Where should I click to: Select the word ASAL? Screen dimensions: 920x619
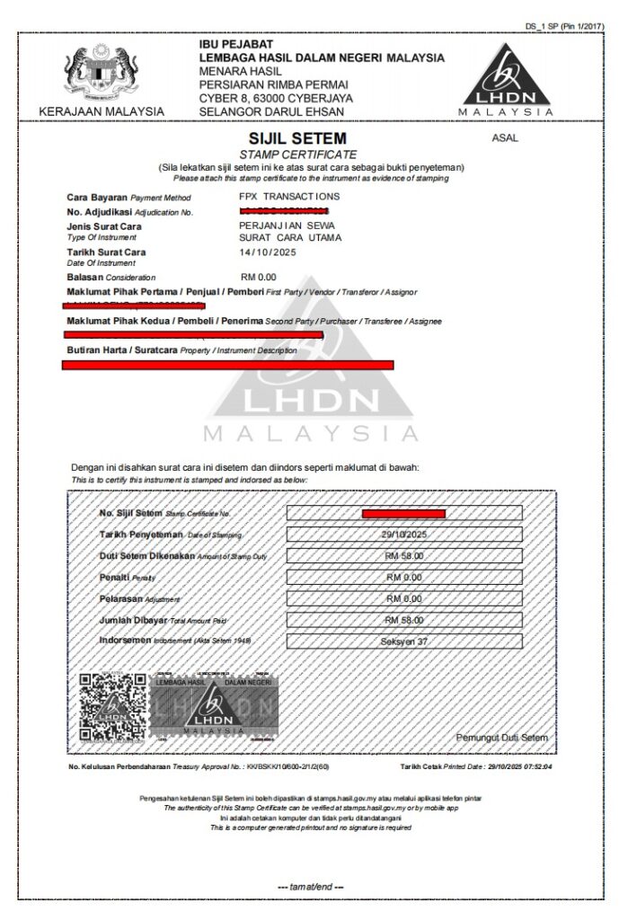(x=505, y=138)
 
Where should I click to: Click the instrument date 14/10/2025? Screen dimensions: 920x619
(x=269, y=252)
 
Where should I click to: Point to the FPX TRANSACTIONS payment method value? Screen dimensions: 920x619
(x=289, y=196)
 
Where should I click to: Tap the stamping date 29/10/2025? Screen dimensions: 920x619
(x=403, y=535)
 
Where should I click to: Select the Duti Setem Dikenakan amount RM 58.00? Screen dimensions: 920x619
(x=403, y=556)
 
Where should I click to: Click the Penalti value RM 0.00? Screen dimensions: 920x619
(x=403, y=578)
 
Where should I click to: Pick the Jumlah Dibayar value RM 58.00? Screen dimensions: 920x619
(x=403, y=620)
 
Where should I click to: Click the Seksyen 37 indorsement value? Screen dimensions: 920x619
(x=403, y=641)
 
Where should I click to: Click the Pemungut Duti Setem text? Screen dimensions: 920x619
(x=501, y=738)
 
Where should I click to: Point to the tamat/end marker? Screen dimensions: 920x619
(x=310, y=888)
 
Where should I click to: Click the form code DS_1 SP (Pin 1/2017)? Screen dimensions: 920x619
(x=565, y=26)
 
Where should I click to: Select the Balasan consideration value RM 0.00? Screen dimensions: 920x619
(x=260, y=277)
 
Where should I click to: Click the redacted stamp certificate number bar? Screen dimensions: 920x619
(x=403, y=514)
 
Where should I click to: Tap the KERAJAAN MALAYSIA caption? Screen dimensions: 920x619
(x=102, y=111)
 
